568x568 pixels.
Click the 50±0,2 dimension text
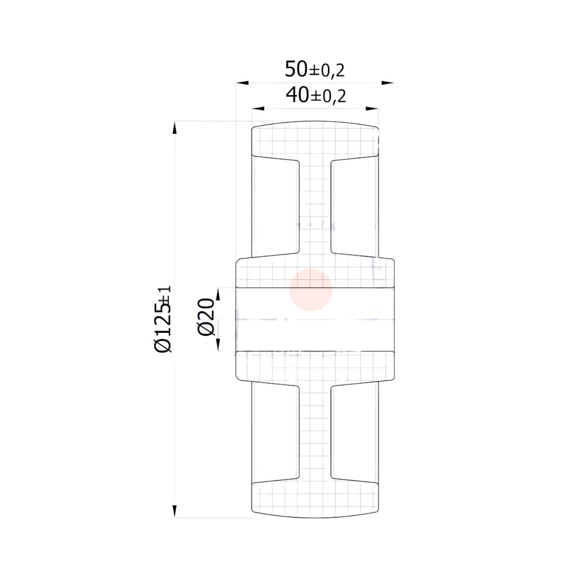point(314,70)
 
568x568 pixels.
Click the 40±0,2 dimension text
point(316,96)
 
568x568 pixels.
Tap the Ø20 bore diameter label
point(206,317)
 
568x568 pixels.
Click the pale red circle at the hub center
point(311,290)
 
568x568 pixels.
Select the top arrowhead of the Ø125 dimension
point(175,128)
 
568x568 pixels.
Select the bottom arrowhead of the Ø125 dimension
point(175,511)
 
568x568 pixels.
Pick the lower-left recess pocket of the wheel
point(275,434)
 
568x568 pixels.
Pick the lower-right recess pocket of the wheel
point(354,434)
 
